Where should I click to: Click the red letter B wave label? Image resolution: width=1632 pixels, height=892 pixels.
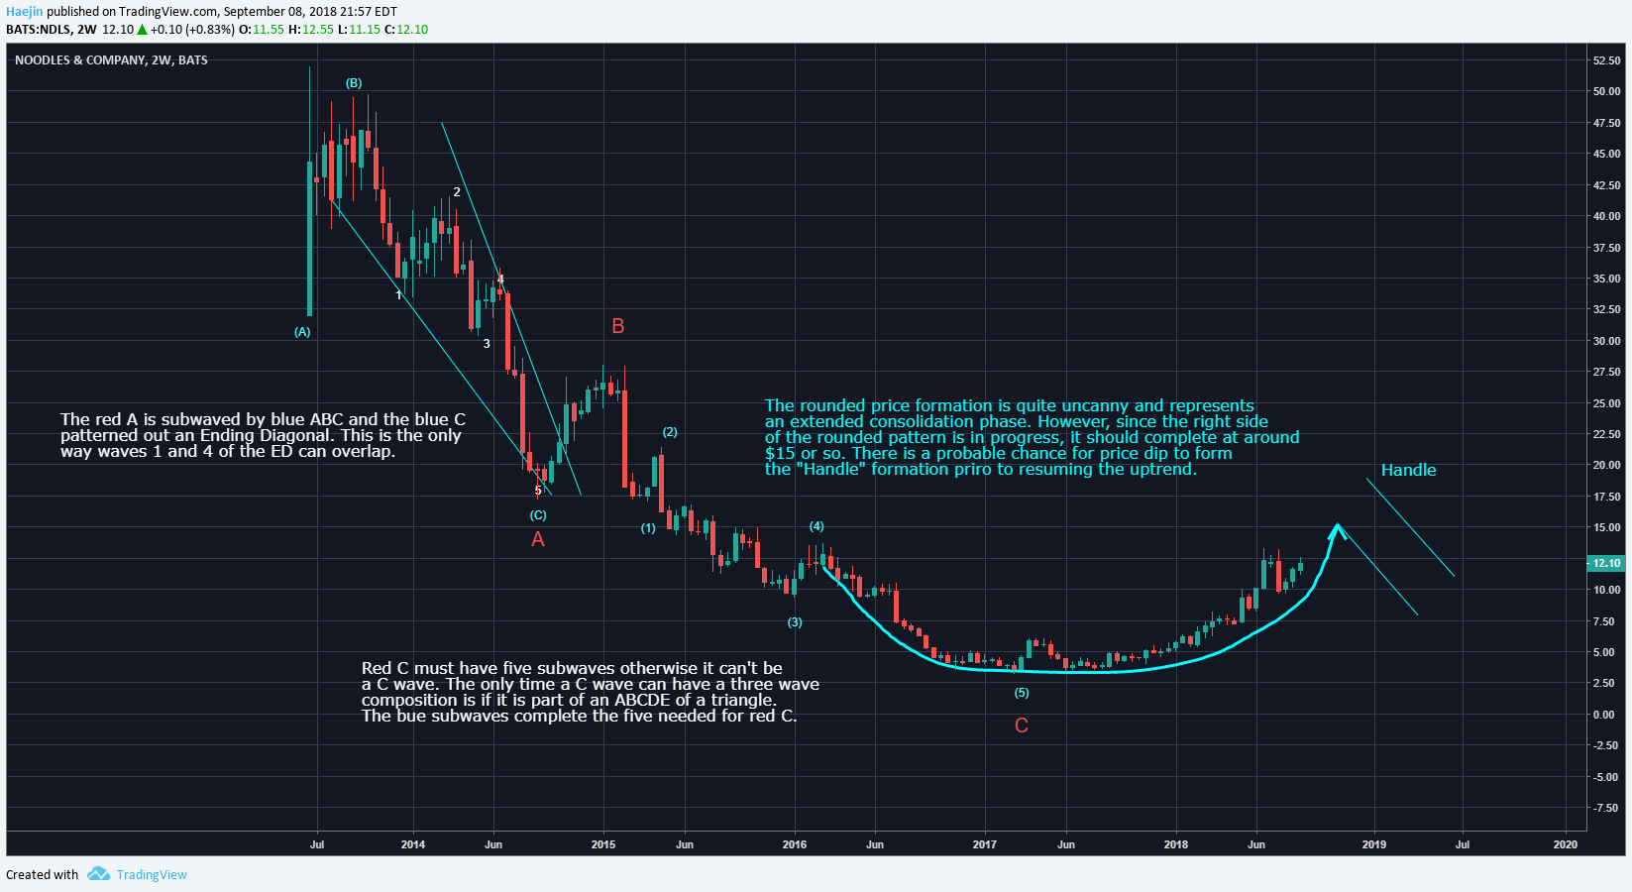tap(618, 326)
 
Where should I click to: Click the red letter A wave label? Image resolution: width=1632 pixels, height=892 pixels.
tap(538, 539)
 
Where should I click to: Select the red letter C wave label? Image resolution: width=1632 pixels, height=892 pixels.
tap(1022, 725)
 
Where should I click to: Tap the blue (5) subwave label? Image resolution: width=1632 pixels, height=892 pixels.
tap(1022, 693)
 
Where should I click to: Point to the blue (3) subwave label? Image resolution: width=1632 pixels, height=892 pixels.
tap(795, 622)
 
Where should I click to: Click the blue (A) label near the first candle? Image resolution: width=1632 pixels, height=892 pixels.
tap(302, 332)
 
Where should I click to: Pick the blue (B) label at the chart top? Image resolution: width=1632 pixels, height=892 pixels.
tap(354, 83)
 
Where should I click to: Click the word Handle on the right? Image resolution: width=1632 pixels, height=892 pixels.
tap(1408, 470)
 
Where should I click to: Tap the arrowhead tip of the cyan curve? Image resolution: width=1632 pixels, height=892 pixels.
tap(1338, 525)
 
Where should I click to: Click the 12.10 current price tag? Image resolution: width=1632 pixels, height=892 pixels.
tap(1606, 563)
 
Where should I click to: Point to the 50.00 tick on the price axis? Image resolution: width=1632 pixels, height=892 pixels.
tap(1606, 91)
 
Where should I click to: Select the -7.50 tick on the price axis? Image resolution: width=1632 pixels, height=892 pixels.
tap(1605, 808)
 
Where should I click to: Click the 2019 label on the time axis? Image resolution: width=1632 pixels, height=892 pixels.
tap(1373, 844)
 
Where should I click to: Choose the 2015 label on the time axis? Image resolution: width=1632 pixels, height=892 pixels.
tap(602, 844)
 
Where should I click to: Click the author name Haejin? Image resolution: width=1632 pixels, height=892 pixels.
tap(24, 12)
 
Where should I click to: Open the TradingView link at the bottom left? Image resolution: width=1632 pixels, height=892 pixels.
tap(152, 874)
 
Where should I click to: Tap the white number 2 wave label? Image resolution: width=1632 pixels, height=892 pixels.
tap(457, 192)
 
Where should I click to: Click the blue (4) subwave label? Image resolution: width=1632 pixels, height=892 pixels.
tap(816, 526)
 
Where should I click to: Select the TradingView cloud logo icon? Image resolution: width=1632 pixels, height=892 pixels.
tap(98, 873)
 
